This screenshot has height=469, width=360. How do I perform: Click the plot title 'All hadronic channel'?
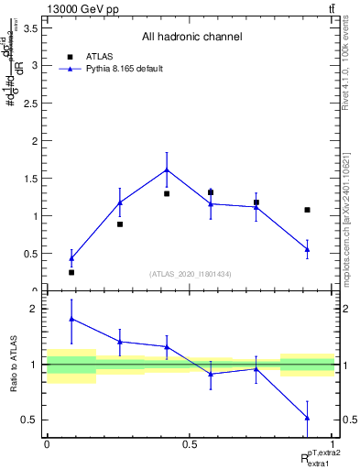191,38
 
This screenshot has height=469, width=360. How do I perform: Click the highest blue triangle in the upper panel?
167,169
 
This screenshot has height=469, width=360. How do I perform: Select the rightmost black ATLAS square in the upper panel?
308,210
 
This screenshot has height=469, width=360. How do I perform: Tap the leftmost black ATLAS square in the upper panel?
71,272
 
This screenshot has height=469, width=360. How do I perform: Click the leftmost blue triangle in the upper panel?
71,258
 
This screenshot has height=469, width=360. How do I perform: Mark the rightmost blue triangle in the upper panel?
308,248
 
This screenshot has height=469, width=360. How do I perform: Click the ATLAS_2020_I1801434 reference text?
191,274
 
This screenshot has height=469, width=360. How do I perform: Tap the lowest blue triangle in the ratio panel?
308,418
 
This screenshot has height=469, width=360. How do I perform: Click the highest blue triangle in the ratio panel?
71,319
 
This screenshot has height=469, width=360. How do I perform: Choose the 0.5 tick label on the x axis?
190,444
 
